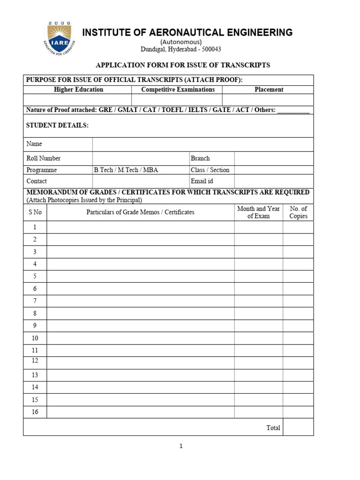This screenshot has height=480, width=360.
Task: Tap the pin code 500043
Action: [x=211, y=49]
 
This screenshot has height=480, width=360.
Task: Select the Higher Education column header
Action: [x=78, y=90]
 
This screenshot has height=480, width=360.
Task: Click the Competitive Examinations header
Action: [x=178, y=90]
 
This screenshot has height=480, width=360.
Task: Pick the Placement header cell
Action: [x=269, y=90]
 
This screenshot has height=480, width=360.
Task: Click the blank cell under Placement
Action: [x=268, y=100]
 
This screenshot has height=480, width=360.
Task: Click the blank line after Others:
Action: [x=293, y=111]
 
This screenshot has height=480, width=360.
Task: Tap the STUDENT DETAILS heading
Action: [x=57, y=126]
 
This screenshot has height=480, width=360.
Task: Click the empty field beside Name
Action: [x=202, y=144]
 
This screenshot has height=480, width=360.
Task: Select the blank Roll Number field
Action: [x=141, y=158]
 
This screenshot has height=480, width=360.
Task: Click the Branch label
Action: [x=200, y=158]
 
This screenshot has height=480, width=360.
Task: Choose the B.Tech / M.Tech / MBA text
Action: [x=126, y=170]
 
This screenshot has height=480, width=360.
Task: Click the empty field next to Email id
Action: [x=274, y=181]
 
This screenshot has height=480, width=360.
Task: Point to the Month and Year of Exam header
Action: [x=258, y=212]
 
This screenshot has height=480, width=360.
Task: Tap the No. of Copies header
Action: [x=298, y=212]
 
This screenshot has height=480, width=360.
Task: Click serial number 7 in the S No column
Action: [x=35, y=300]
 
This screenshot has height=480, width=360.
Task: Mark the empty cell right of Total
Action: [x=298, y=427]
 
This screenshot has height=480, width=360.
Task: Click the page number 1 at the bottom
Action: [x=180, y=446]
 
